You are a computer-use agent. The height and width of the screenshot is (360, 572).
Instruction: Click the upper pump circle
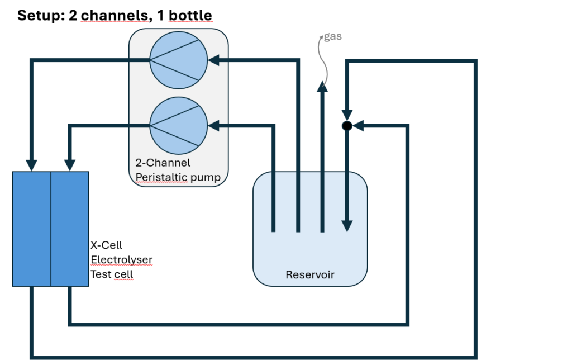[179, 60]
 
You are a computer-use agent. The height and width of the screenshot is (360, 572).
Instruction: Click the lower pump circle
[179, 126]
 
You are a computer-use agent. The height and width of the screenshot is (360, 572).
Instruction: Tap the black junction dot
[347, 126]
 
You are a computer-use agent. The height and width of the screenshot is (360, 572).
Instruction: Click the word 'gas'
[333, 36]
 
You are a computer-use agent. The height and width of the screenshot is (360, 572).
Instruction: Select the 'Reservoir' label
[309, 274]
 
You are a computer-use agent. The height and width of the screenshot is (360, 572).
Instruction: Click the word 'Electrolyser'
[121, 260]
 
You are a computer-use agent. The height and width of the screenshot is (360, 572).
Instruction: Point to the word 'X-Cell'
[106, 245]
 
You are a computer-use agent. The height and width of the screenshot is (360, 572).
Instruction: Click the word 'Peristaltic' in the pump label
[161, 177]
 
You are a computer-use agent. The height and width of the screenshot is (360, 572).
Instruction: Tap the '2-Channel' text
[163, 163]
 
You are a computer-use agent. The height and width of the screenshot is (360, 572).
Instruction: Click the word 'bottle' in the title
[190, 15]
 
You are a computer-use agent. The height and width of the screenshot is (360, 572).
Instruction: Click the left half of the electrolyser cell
[32, 229]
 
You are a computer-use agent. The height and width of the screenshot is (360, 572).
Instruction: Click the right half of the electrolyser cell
[70, 229]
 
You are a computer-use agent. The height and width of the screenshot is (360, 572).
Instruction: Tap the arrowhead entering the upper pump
[213, 60]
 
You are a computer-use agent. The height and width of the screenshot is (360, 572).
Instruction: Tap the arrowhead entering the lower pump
[213, 126]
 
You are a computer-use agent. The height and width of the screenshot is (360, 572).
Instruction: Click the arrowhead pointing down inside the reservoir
[347, 226]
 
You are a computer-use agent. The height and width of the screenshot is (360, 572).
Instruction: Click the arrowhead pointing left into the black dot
[358, 126]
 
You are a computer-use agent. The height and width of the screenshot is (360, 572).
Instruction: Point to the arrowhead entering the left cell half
[32, 165]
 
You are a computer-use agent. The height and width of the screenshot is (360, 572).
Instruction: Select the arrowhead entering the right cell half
[70, 165]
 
